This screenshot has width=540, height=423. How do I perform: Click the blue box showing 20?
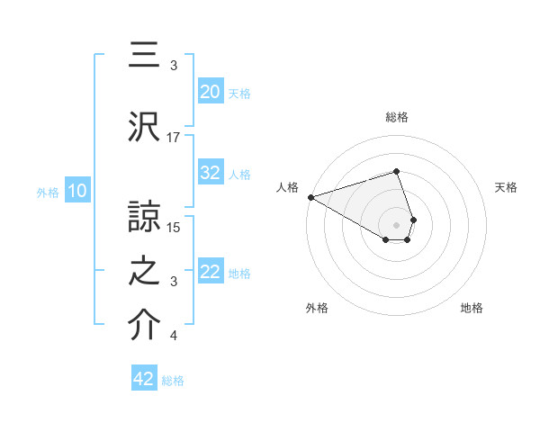tap(210, 91)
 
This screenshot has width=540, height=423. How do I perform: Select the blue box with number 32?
tap(210, 173)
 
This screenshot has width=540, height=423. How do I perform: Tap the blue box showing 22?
tap(210, 272)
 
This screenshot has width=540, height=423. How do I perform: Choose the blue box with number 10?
tap(76, 191)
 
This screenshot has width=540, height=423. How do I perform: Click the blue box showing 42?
tap(144, 379)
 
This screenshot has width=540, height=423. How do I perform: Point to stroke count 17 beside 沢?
tap(174, 138)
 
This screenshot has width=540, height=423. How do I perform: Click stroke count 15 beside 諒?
tap(175, 226)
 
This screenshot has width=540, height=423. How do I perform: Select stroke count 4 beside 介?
tap(174, 337)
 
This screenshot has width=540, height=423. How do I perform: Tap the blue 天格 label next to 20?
tap(239, 93)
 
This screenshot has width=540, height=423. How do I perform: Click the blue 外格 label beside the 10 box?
tap(48, 192)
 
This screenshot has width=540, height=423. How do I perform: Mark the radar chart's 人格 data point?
tap(310, 197)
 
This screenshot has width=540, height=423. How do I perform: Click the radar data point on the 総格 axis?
tap(396, 171)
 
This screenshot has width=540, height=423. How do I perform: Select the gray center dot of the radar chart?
tap(396, 223)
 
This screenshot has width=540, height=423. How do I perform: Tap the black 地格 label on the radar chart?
tap(472, 308)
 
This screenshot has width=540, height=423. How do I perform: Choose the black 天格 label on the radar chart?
tap(506, 187)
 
